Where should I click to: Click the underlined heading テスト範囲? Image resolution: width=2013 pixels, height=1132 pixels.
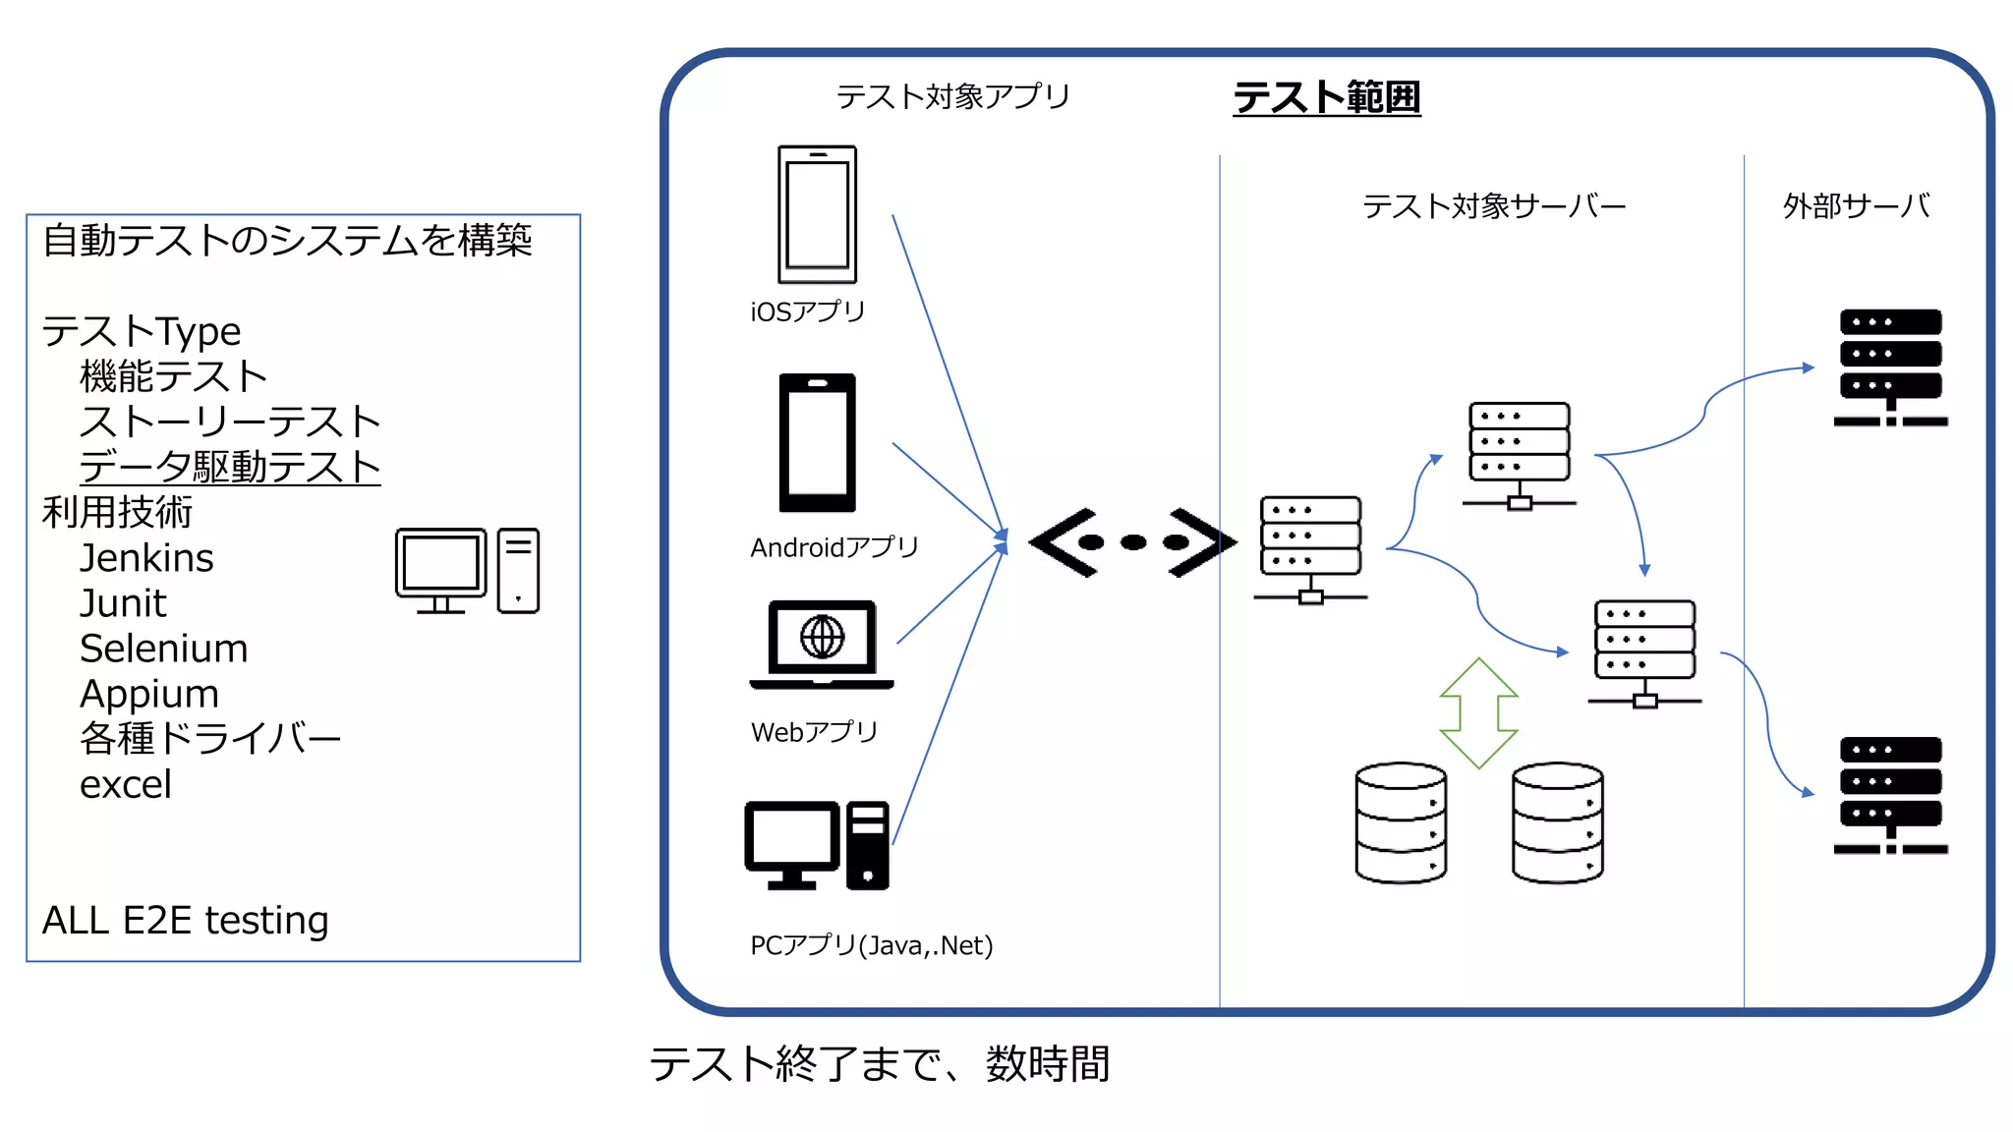1326,97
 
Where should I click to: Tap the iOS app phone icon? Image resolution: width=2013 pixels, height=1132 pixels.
817,214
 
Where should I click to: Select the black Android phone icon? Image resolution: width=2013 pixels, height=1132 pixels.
817,442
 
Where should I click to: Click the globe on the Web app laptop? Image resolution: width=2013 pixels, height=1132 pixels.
822,637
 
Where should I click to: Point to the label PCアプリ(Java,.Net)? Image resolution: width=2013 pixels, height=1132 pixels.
871,945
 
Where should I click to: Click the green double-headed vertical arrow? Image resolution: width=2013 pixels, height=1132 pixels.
1478,712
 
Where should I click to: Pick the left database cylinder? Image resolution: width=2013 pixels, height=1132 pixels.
1400,823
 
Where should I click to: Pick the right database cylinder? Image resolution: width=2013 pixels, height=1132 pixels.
1557,823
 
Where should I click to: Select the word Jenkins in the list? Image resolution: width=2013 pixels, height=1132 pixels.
146,558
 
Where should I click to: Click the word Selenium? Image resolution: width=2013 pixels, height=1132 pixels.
163,649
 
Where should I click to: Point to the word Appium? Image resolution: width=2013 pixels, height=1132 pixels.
148,694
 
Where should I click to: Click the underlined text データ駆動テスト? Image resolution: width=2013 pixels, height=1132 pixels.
229,467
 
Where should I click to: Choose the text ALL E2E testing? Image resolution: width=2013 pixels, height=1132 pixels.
185,921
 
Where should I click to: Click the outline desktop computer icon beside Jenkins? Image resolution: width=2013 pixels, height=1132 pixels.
467,571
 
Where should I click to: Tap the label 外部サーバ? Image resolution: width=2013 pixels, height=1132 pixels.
1856,206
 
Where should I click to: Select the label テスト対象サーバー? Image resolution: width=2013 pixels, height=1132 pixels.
1493,206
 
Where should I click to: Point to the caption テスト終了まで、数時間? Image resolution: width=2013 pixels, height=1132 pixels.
879,1064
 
